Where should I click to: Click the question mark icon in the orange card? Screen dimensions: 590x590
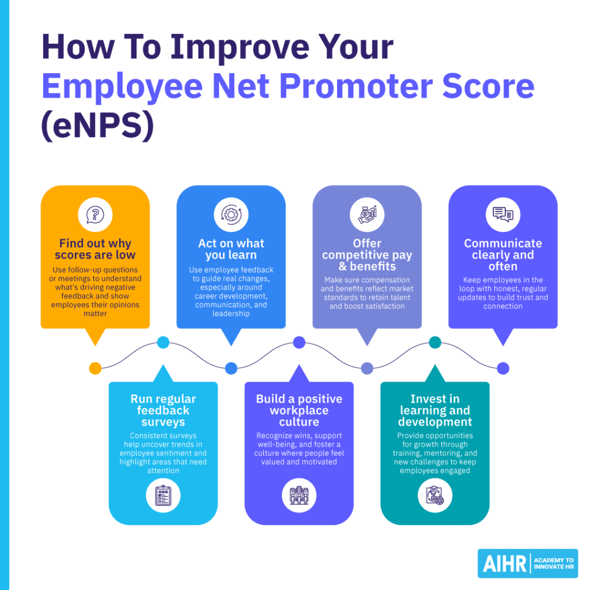point(95,215)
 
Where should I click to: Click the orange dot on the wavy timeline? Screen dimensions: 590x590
point(96,368)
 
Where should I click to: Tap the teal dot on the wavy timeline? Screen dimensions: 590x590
point(435,342)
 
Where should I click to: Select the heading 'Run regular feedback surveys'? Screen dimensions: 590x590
point(163,410)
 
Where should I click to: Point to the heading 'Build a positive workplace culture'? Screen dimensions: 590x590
point(299,410)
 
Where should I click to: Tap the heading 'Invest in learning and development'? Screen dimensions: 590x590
point(435,410)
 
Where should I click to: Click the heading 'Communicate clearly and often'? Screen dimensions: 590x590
point(503,255)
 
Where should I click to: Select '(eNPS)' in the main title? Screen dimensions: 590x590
point(97,126)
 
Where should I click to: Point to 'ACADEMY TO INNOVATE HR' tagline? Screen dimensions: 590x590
point(554,564)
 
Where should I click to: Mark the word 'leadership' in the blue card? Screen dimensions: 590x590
point(231,314)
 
